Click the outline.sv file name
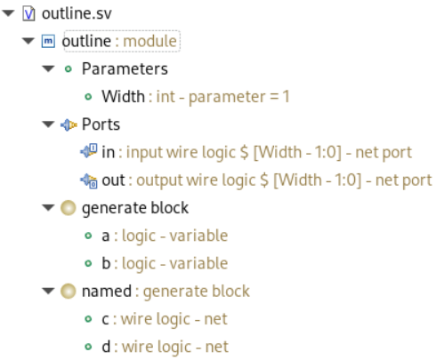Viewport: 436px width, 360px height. click(77, 13)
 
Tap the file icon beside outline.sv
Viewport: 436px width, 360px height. click(28, 13)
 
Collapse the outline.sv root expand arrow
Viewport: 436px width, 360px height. click(8, 13)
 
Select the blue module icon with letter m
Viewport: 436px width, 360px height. click(48, 41)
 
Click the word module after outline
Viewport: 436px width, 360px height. click(149, 41)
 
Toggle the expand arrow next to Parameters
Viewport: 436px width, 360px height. click(48, 68)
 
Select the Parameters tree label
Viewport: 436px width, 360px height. click(125, 69)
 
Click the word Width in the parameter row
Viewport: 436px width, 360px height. click(124, 96)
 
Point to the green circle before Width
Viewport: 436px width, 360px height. click(88, 97)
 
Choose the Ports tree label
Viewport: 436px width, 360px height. click(101, 124)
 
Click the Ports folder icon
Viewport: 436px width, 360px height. click(69, 124)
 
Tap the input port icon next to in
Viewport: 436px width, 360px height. click(88, 151)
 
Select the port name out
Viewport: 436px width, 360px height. click(113, 180)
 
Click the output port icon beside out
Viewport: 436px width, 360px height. click(88, 180)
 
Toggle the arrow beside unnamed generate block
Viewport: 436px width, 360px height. click(48, 208)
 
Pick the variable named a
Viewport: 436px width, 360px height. click(106, 236)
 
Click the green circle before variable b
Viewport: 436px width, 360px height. click(88, 263)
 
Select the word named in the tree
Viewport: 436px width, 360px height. click(107, 292)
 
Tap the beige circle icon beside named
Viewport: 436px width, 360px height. click(69, 292)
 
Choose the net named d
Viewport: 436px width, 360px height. click(106, 347)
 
